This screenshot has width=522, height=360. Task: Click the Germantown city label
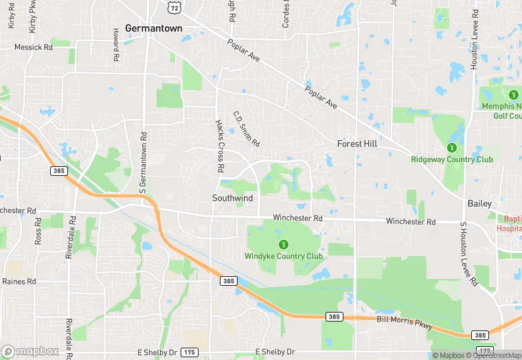coord(154,27)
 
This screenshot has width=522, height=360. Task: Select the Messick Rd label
coord(34,47)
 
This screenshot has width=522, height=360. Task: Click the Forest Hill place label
coord(357,144)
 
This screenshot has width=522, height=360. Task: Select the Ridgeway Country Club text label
coord(452,159)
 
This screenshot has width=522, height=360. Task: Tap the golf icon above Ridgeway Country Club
coord(452,148)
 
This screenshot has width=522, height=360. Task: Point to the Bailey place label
coord(479,204)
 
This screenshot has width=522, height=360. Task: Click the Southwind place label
coord(232,198)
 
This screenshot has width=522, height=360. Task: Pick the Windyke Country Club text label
coord(284,256)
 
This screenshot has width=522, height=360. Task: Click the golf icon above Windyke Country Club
coord(283,245)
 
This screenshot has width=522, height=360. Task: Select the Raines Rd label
coord(19,282)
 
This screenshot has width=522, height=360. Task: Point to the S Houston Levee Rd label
coord(468,254)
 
